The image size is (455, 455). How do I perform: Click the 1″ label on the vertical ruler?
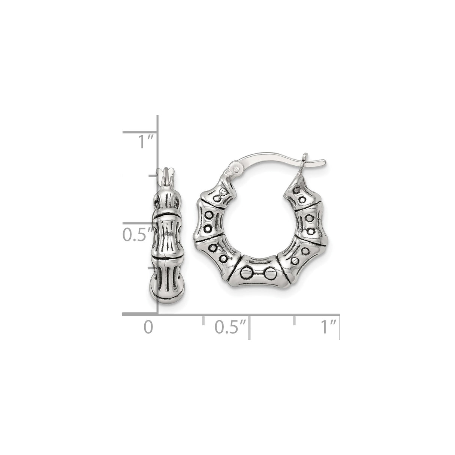tap(146, 142)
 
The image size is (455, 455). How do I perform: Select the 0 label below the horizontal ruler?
tap(148, 327)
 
